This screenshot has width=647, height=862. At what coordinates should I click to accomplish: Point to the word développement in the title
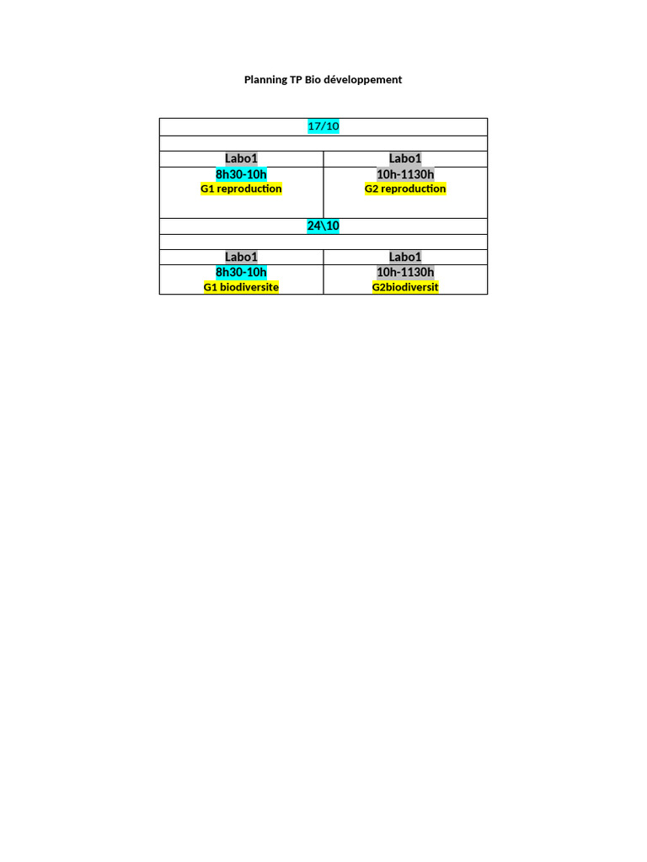coord(363,80)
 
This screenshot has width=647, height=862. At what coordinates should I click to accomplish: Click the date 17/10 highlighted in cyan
coord(323,126)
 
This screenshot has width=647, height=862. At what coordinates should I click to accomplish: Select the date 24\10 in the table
coord(323,226)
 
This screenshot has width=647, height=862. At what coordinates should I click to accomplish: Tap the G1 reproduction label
coord(241,189)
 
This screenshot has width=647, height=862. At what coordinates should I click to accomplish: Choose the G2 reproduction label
coord(405,189)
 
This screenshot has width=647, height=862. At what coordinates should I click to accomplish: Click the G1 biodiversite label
coord(241,287)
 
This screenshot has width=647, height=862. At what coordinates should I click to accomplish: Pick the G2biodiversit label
coord(405,287)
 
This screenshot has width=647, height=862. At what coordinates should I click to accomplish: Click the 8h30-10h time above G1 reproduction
coord(241,174)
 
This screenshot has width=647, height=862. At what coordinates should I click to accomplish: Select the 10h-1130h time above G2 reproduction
coord(405,174)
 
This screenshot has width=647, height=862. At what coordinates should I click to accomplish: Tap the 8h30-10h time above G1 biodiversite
coord(241,272)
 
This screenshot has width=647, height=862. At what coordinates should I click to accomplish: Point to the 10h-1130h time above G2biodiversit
coord(405,272)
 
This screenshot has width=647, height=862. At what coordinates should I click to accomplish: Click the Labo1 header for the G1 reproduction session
coord(241,158)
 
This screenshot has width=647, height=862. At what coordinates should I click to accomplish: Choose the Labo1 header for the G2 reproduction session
coord(405,158)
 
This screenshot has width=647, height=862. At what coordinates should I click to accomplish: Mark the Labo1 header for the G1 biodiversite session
coord(241,257)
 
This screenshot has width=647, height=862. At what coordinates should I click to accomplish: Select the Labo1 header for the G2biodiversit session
coord(405,257)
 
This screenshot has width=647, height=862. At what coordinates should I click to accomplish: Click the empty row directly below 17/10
coord(323,143)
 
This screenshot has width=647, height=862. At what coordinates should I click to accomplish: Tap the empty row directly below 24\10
coord(323,242)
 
